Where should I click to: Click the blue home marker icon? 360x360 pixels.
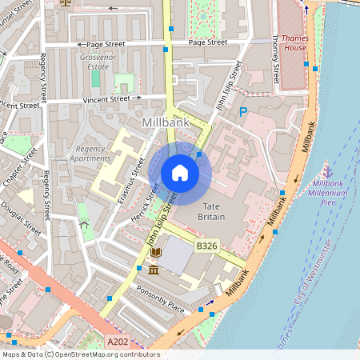click(x=180, y=173)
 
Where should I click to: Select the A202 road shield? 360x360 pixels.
click(x=118, y=341)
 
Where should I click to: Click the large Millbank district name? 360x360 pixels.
click(x=166, y=123)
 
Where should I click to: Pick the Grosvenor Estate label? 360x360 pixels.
click(x=94, y=62)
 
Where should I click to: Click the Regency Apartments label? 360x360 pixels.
click(x=90, y=154)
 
